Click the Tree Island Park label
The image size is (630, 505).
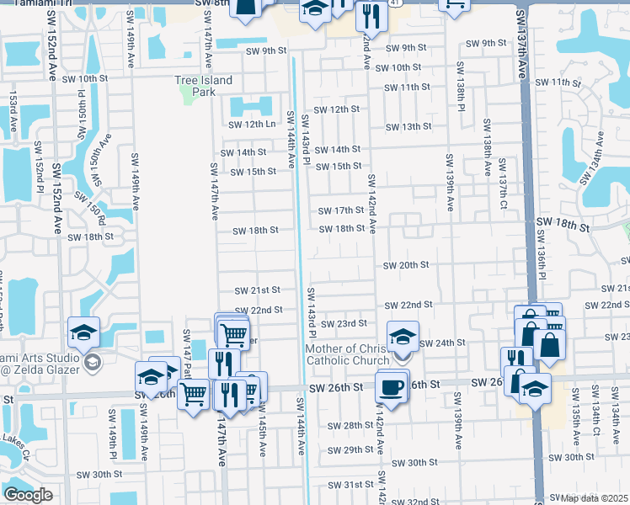[x=203, y=86]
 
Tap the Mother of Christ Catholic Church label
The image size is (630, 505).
[x=346, y=354]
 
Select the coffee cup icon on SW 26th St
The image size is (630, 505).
[x=392, y=386]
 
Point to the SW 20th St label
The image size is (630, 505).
[x=406, y=265]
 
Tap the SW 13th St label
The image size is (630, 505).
[x=408, y=127]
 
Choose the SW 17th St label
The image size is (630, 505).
[x=340, y=210]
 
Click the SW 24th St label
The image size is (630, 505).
[x=442, y=343]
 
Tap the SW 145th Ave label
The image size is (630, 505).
[x=262, y=437]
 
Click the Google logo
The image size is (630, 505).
[x=28, y=495]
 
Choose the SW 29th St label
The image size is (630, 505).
[x=351, y=450]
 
